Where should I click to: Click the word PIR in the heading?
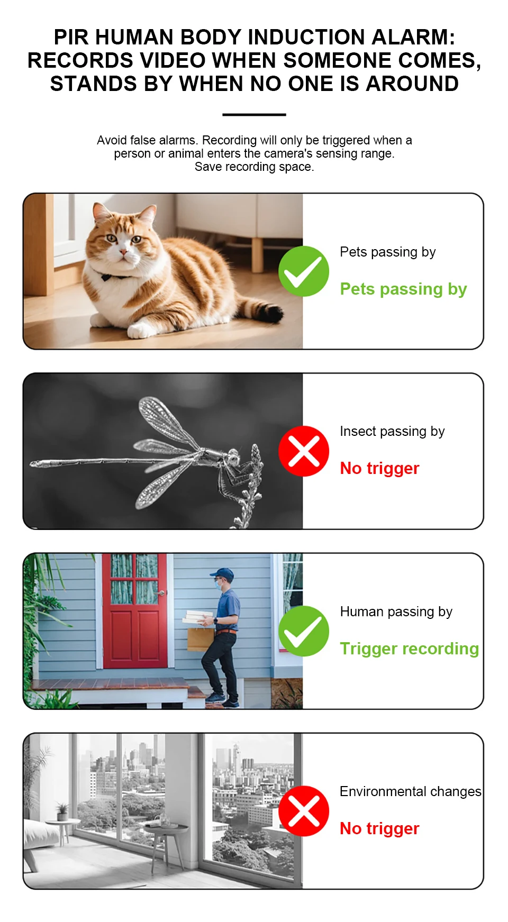click(71, 38)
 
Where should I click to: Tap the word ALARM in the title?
click(413, 38)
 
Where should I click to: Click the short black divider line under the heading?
click(254, 114)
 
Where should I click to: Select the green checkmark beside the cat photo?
click(304, 271)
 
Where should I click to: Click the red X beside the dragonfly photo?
click(304, 451)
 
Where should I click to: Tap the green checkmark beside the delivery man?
click(304, 631)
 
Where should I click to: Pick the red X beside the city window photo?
click(304, 811)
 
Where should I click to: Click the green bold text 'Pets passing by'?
click(403, 289)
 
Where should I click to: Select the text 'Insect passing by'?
click(392, 432)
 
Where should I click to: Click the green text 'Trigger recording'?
click(409, 649)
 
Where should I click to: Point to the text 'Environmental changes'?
click(411, 791)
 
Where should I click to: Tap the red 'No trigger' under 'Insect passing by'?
click(379, 469)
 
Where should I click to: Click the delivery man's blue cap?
click(223, 573)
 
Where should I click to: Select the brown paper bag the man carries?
click(200, 638)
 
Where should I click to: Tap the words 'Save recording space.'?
click(254, 167)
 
